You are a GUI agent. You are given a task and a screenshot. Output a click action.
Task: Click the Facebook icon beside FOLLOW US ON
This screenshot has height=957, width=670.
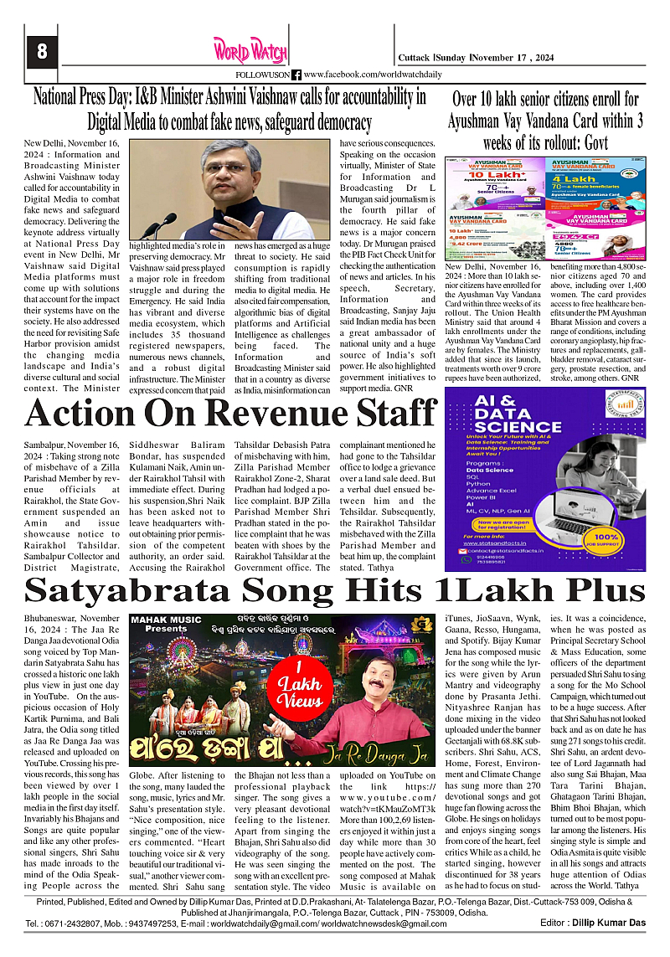point(296,75)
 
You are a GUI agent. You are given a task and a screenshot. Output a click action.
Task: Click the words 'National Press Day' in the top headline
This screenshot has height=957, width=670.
point(91,97)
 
